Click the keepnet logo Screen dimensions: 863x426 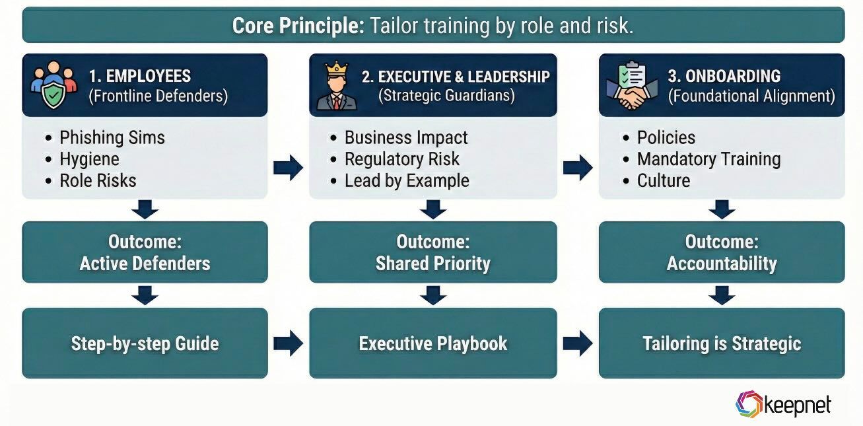(783, 404)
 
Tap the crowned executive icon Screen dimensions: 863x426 (336, 86)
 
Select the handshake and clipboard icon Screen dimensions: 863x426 (631, 86)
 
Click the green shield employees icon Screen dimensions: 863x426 (53, 85)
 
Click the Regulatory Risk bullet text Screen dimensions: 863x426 (402, 159)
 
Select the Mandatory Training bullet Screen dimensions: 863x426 (709, 159)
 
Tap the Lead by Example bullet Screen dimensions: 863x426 (407, 181)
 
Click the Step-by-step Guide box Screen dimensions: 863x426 (145, 343)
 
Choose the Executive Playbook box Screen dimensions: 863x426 (433, 343)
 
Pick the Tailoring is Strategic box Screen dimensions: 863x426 (722, 343)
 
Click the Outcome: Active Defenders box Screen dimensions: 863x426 (145, 252)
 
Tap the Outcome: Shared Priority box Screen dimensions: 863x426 (433, 252)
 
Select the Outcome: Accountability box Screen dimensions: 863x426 (722, 252)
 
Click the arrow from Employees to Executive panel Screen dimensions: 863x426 (288, 168)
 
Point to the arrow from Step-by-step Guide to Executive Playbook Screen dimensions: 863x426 (288, 343)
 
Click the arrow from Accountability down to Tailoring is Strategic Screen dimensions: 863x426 (722, 295)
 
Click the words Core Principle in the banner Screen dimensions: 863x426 (298, 26)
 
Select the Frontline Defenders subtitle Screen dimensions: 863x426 (158, 96)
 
